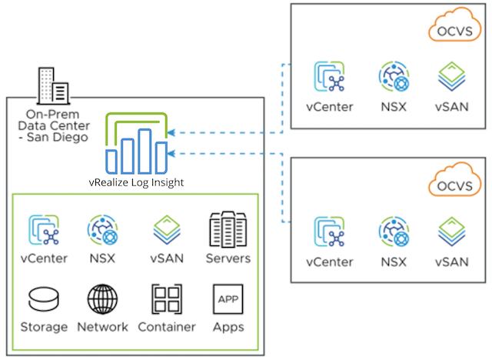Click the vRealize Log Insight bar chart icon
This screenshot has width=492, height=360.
(137, 146)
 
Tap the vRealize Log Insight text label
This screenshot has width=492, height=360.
(136, 182)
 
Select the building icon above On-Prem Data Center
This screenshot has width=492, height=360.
(53, 84)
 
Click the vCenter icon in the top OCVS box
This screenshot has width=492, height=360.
(329, 77)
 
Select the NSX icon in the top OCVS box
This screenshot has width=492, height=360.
(393, 77)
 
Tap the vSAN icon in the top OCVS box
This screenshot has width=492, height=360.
(451, 77)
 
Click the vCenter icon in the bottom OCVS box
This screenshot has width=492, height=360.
(329, 232)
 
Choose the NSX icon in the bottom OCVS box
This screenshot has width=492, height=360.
(393, 232)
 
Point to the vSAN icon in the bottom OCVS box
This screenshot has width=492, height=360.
(451, 232)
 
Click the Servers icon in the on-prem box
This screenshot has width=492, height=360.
(227, 228)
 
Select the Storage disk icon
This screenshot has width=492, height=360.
(44, 298)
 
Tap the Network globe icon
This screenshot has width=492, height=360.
(102, 298)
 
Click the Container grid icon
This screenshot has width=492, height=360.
(167, 298)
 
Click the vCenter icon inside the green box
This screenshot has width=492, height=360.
(44, 229)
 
